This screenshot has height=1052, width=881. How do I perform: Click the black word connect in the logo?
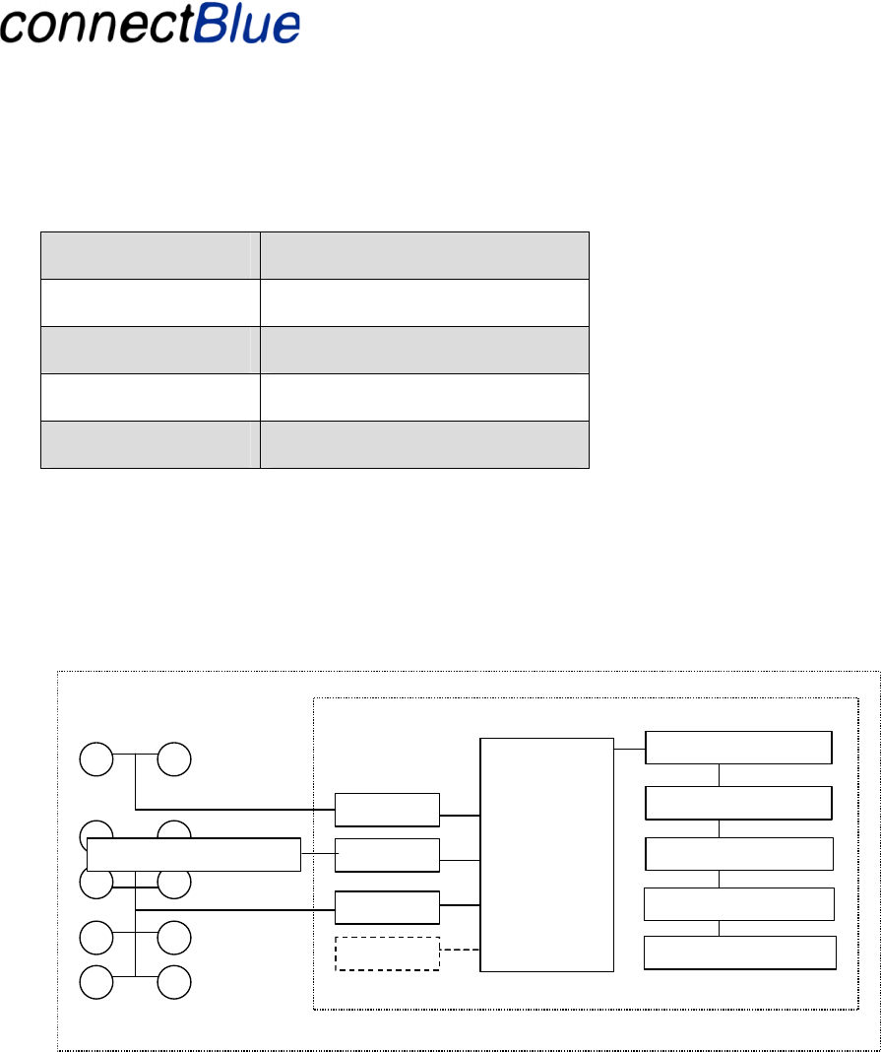tap(95, 25)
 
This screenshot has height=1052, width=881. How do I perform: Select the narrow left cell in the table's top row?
tap(150, 255)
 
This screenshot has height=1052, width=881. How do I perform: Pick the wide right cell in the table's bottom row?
tap(424, 444)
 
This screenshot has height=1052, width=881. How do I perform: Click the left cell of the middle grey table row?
tap(150, 350)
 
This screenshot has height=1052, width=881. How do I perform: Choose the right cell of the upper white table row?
tap(424, 302)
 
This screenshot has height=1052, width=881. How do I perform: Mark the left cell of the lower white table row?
tap(150, 397)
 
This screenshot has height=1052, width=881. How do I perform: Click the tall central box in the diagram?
tap(546, 853)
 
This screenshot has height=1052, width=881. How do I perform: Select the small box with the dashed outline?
tap(387, 953)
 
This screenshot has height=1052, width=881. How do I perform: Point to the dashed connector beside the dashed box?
tap(460, 951)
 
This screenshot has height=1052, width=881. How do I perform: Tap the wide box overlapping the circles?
tap(193, 855)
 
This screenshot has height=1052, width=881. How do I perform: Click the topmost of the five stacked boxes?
tap(738, 748)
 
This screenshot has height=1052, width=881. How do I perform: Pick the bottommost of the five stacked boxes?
tap(739, 953)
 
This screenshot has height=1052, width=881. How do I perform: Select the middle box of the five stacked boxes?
tap(739, 853)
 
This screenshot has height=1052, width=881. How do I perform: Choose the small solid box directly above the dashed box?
tap(387, 906)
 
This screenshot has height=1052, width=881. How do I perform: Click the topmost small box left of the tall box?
tap(387, 809)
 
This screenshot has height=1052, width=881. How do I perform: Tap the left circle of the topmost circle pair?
tap(96, 759)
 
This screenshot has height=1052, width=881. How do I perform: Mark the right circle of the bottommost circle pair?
tap(173, 983)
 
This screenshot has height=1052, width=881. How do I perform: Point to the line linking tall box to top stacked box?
tap(629, 749)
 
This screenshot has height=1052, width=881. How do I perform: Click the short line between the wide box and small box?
tap(317, 854)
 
